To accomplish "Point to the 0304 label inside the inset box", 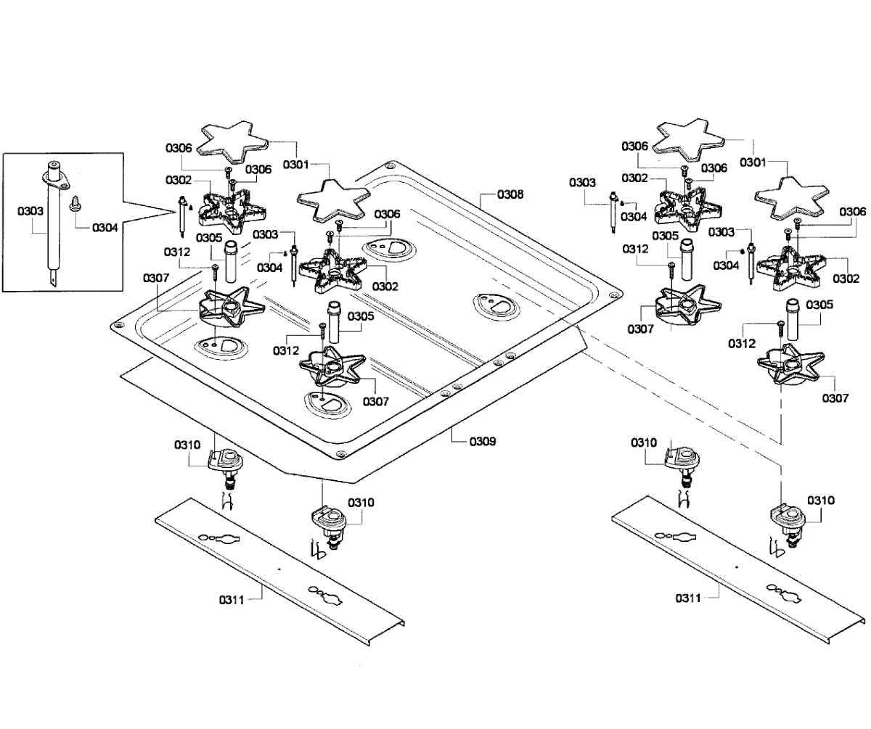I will [105, 227].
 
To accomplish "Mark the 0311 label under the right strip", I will [688, 598].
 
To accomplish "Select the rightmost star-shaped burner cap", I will [791, 195].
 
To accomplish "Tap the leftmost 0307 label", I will [156, 278].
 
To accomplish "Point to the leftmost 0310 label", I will [187, 444].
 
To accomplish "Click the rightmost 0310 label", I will [822, 501].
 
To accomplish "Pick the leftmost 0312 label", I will [176, 252].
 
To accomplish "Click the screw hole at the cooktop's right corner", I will [615, 295].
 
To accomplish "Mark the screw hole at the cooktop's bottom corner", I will [340, 455].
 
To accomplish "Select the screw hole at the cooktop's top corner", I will [391, 166].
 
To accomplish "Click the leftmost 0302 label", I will [179, 179].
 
